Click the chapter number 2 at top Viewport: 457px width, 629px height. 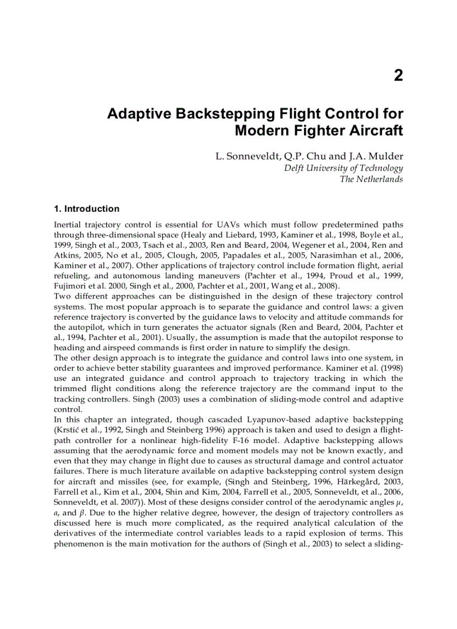398,76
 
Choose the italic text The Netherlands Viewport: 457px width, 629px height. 371,179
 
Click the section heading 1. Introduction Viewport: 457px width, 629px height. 86,209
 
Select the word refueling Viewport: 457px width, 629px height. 71,276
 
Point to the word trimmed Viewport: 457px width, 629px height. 71,389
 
